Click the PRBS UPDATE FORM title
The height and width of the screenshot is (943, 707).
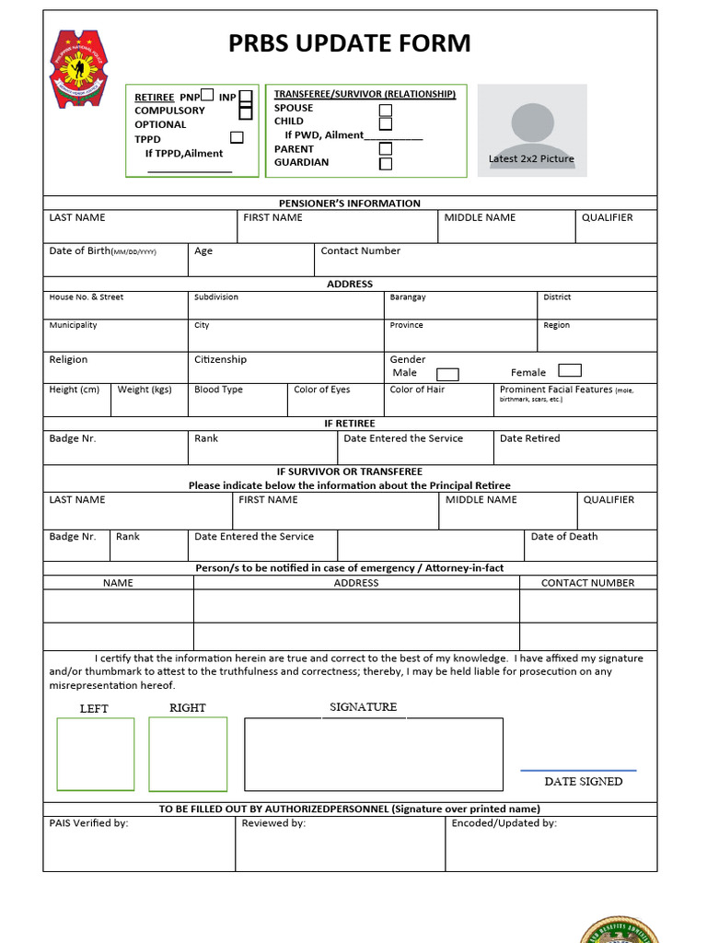[350, 43]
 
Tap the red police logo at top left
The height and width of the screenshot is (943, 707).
[78, 69]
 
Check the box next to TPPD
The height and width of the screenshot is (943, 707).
[237, 138]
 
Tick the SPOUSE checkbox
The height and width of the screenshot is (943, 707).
[386, 111]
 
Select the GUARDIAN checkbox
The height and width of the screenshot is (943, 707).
[386, 164]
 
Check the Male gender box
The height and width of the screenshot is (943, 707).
[447, 374]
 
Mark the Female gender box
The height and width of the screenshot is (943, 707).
[570, 371]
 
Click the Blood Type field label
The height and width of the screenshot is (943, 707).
[218, 390]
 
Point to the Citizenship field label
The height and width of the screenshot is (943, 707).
[220, 359]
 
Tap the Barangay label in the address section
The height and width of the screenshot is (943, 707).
[408, 297]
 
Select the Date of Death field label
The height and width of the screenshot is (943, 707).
[563, 536]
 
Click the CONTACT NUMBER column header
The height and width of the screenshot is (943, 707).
[587, 583]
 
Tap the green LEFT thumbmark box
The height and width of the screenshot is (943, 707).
[95, 754]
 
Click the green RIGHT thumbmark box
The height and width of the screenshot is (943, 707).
[188, 754]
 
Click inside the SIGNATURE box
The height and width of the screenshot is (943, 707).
[373, 754]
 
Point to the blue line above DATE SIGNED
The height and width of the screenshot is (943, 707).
[578, 770]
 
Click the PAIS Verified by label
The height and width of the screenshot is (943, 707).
[88, 823]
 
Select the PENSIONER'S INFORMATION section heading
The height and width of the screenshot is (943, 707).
[350, 204]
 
